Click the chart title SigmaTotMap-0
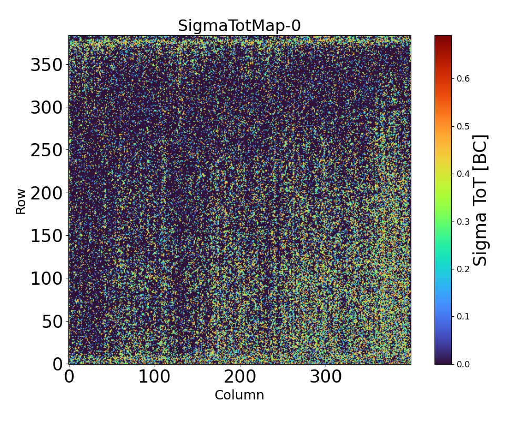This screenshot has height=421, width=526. (239, 26)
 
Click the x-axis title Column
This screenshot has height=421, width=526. (239, 395)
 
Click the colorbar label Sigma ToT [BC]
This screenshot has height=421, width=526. (481, 200)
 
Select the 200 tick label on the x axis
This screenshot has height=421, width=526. (240, 377)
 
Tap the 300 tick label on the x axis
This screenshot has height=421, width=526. (326, 377)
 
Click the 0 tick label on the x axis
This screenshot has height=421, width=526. (69, 377)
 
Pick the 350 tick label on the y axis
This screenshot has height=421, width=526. (46, 65)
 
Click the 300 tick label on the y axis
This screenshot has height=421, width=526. (46, 108)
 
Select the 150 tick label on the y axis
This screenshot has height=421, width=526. (46, 236)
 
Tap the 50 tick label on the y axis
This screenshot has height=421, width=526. (52, 321)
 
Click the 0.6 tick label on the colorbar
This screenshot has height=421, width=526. (463, 78)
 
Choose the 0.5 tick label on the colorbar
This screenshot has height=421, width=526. (463, 126)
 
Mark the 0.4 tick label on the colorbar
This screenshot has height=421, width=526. (463, 174)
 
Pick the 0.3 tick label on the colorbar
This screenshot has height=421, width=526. (463, 221)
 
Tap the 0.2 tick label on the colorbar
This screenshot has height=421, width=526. (463, 269)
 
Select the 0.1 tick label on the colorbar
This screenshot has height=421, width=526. (463, 316)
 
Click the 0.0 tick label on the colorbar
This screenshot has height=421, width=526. (463, 364)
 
